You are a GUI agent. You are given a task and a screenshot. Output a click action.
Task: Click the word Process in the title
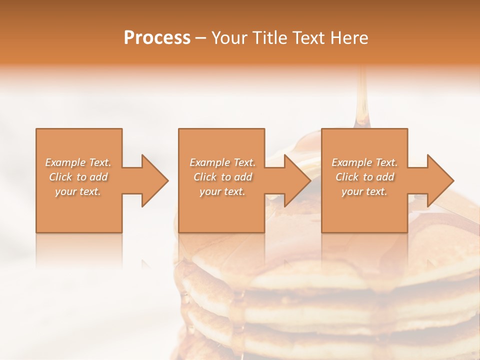click(157, 38)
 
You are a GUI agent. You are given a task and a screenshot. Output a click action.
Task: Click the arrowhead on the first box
click(153, 180)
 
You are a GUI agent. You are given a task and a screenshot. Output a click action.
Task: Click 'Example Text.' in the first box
click(78, 162)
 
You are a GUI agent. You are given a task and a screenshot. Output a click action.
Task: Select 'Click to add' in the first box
click(78, 177)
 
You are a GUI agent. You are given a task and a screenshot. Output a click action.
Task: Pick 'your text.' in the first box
click(78, 191)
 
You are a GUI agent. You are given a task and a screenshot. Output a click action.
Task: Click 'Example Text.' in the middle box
click(222, 162)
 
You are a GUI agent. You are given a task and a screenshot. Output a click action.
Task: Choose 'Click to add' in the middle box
click(222, 177)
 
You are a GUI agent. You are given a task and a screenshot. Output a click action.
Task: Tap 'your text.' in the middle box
click(222, 191)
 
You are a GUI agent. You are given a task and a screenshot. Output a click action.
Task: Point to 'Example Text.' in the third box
click(364, 162)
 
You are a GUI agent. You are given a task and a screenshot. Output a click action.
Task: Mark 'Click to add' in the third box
click(364, 177)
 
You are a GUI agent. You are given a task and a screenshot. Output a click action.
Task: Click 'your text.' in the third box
click(364, 191)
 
